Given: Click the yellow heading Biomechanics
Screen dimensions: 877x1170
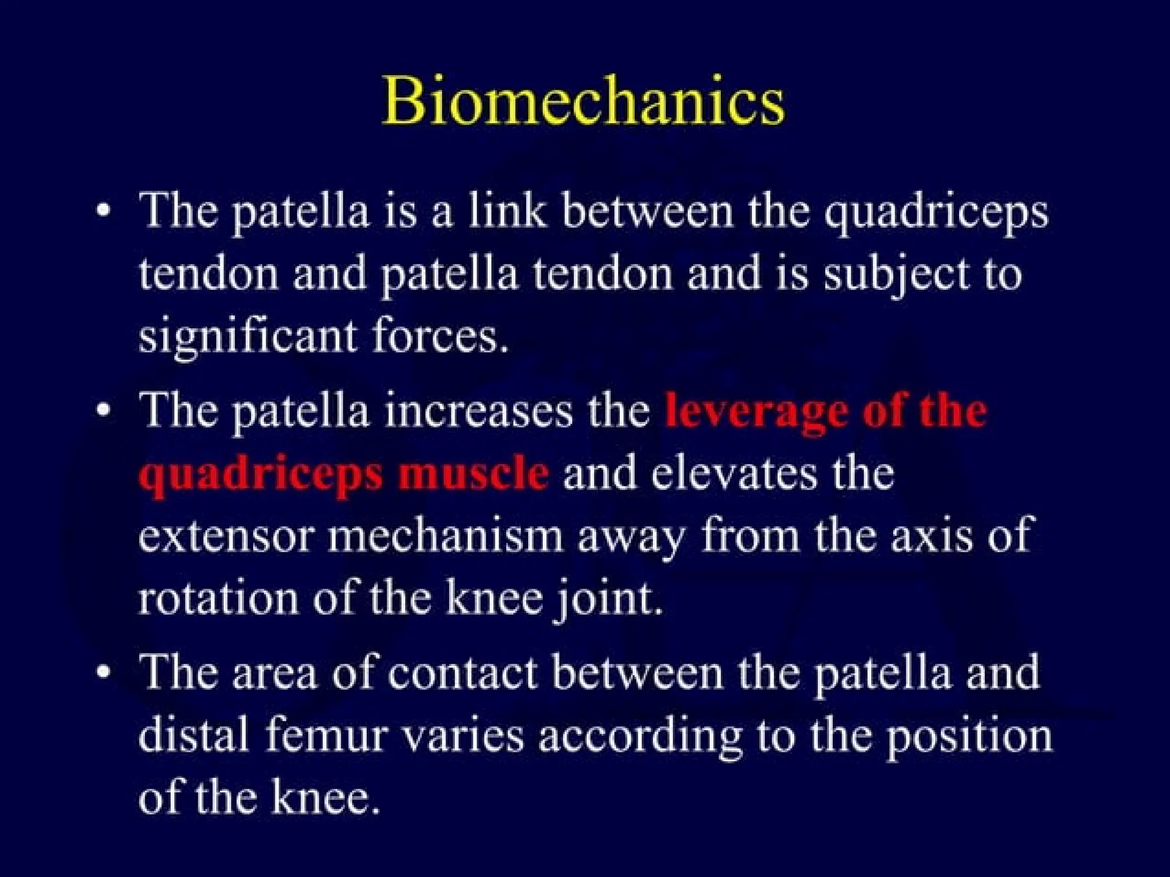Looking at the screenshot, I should (583, 101).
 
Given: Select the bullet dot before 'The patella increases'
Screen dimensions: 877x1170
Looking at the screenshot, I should (103, 411).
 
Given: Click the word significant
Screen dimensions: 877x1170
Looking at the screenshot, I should (247, 337).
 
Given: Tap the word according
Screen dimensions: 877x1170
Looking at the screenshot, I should (640, 737).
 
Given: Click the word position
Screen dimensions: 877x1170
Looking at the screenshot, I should (968, 737).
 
